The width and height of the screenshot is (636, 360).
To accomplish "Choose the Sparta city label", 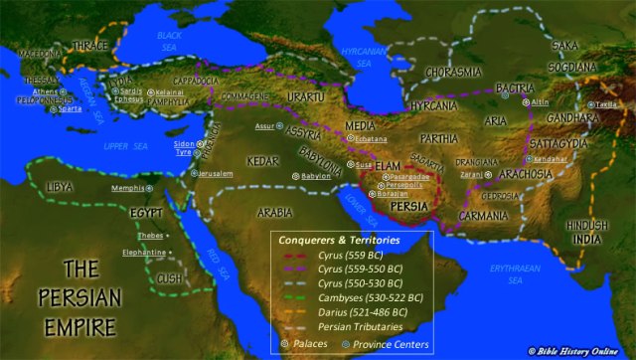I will point(69,108).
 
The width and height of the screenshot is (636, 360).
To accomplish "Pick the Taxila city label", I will point(608,103).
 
